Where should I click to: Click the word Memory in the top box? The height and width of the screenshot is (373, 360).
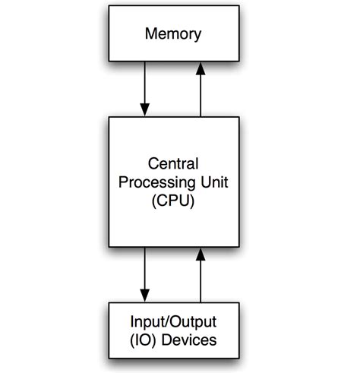[x=172, y=34]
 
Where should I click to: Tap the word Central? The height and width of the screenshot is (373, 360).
[x=172, y=164]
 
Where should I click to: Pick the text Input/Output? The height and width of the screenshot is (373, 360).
[x=172, y=322]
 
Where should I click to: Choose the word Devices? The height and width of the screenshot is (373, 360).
[x=190, y=340]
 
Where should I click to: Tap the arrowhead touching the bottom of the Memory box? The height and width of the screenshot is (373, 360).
[x=201, y=68]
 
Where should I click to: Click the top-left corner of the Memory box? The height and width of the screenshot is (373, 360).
[x=110, y=8]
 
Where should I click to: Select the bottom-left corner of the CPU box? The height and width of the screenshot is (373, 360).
[x=110, y=246]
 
